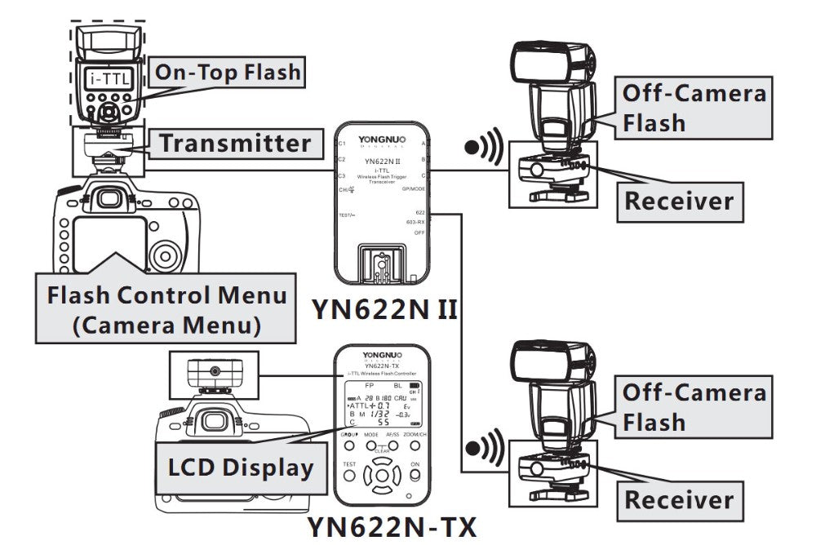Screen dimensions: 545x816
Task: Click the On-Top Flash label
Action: pos(228,73)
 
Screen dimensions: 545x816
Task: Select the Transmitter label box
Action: pos(235,144)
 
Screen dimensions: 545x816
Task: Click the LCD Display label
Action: pos(240,467)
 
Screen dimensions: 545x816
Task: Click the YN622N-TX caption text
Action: pos(391,526)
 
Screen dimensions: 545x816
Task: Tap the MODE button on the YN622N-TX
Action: pos(371,445)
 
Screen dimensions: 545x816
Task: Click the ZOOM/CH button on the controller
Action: pos(416,445)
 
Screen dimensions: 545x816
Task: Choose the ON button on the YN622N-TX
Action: pos(415,474)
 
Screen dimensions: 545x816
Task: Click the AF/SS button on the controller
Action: pos(394,445)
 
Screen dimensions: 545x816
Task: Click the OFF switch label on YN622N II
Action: pos(419,233)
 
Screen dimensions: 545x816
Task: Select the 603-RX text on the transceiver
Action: pos(415,222)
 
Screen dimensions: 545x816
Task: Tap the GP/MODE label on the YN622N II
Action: pos(414,188)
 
